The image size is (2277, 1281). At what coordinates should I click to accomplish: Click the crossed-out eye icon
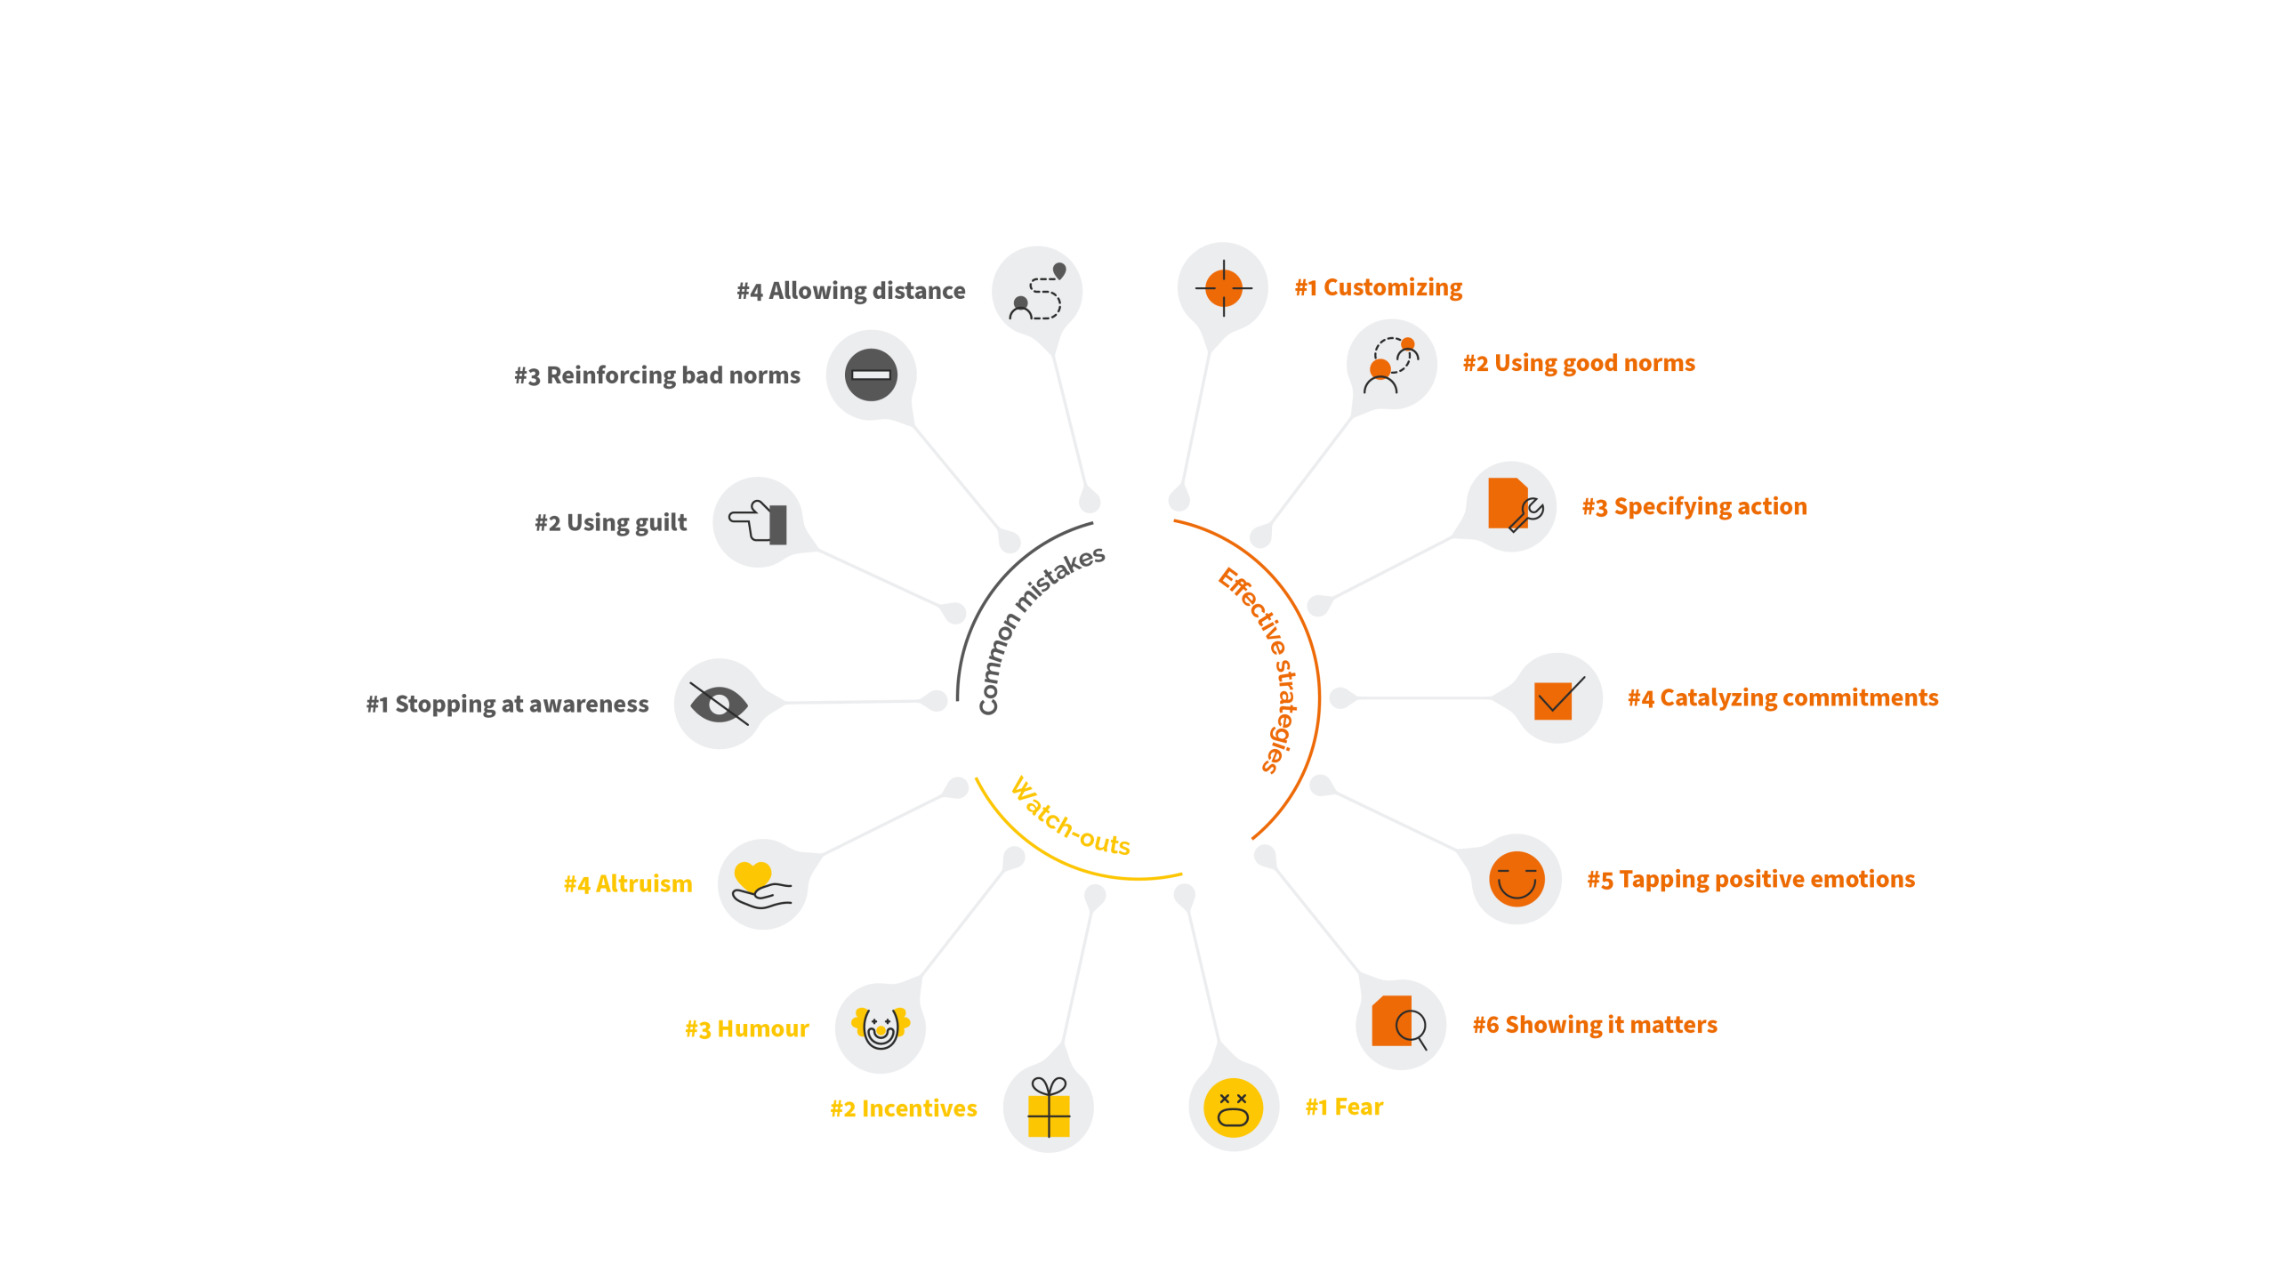click(719, 705)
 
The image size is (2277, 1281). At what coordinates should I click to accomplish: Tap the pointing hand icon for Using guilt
click(758, 522)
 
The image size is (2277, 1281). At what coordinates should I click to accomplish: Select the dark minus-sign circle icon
click(871, 375)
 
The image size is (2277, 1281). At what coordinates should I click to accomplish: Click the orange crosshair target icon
click(1224, 287)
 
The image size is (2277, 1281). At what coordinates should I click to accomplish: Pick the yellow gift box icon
click(1049, 1108)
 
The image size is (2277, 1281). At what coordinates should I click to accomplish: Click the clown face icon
click(881, 1027)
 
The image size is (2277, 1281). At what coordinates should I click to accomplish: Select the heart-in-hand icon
click(760, 884)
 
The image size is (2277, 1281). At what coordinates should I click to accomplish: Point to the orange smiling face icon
click(1517, 879)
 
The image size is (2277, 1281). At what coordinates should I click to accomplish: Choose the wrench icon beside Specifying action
click(1528, 513)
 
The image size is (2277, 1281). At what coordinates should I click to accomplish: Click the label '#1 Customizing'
click(1378, 287)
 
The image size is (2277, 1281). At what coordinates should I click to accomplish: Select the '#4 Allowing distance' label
click(850, 291)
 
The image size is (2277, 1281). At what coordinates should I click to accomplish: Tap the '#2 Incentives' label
click(903, 1108)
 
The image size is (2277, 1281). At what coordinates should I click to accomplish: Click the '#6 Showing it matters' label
click(1595, 1025)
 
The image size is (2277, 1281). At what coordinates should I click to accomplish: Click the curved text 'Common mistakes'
click(1035, 627)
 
